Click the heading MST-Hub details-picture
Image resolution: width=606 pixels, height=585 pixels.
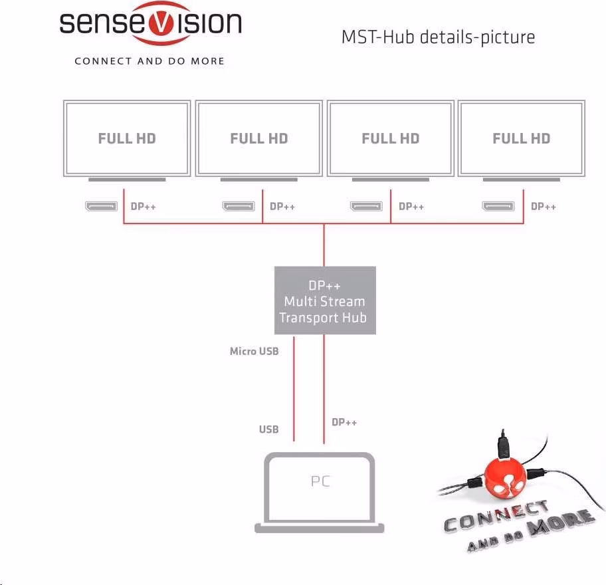click(439, 37)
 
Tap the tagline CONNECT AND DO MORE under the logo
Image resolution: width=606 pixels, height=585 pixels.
click(150, 61)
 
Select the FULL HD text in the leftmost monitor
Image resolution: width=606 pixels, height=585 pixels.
click(127, 138)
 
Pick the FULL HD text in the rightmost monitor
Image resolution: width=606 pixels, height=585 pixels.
click(522, 138)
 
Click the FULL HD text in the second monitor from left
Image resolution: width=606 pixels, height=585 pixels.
click(259, 138)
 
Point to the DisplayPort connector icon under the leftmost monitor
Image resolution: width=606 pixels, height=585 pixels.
click(101, 206)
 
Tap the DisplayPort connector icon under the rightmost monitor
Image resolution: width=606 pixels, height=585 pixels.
click(498, 206)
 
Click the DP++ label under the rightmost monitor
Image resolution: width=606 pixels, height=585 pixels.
click(544, 207)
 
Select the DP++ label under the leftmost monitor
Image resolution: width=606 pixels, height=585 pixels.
click(144, 207)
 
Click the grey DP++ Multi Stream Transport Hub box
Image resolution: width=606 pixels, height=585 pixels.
click(325, 300)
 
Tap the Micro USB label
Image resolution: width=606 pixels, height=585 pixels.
click(254, 351)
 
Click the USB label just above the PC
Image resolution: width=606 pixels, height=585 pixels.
click(268, 429)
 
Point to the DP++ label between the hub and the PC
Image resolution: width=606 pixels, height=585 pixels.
click(344, 422)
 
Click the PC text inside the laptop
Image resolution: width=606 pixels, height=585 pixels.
click(320, 481)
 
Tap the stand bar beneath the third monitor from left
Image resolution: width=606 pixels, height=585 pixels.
click(390, 179)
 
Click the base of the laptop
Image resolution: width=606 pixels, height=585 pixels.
click(319, 528)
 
